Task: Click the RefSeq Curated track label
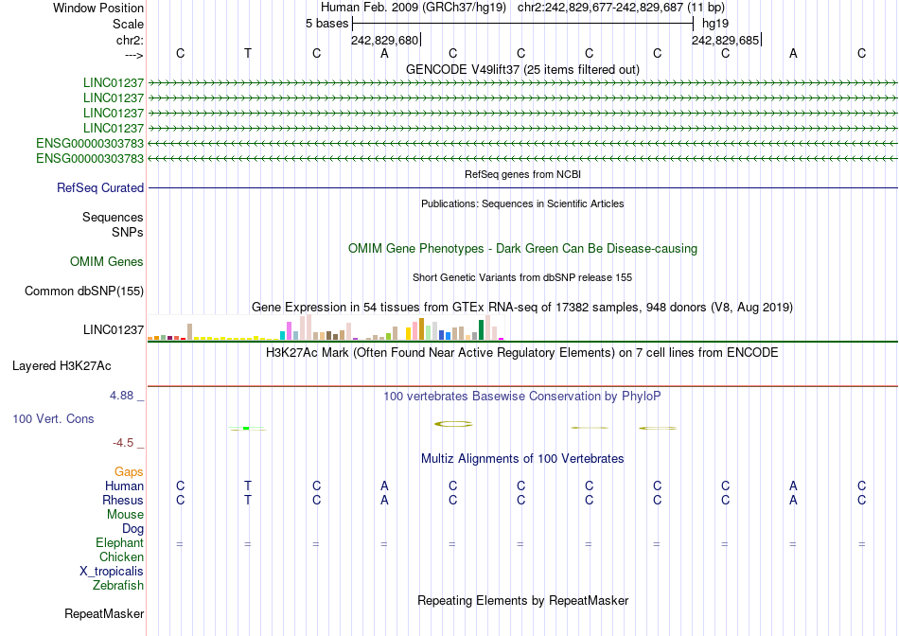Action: click(100, 188)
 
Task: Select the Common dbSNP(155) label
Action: click(84, 291)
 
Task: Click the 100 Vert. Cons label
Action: click(55, 418)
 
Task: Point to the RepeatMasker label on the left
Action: click(104, 614)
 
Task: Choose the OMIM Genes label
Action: click(107, 262)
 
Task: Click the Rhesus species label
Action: click(123, 501)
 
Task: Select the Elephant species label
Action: click(119, 543)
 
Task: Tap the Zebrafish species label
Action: click(118, 586)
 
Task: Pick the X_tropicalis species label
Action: click(112, 572)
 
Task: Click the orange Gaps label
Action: click(129, 471)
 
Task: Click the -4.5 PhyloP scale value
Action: click(125, 442)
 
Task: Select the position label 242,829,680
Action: click(384, 41)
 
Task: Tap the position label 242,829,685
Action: click(725, 41)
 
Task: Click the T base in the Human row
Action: click(248, 486)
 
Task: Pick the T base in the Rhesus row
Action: click(248, 501)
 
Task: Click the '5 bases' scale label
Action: click(327, 24)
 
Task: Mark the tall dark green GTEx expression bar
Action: click(481, 329)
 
